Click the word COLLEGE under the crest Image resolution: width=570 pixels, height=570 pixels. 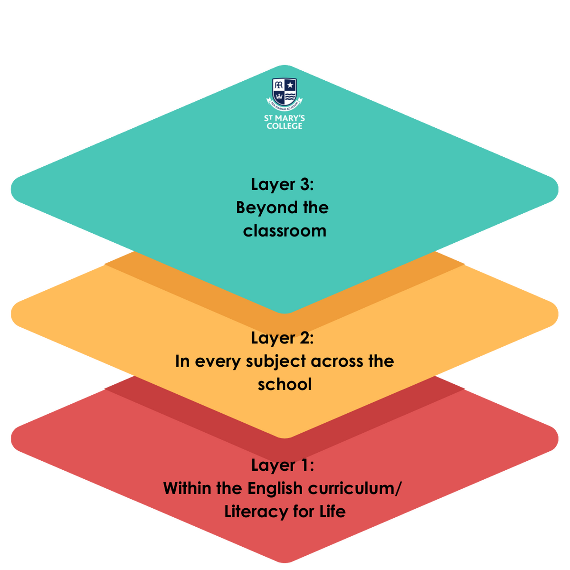(284, 126)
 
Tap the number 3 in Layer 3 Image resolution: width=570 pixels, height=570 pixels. (304, 184)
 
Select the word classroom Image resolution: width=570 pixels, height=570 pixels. (285, 231)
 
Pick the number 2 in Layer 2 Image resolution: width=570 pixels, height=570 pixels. (304, 338)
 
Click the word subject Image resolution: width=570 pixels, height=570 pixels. (269, 361)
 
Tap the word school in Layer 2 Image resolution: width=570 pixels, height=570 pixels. (285, 384)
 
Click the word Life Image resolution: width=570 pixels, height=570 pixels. (332, 512)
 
